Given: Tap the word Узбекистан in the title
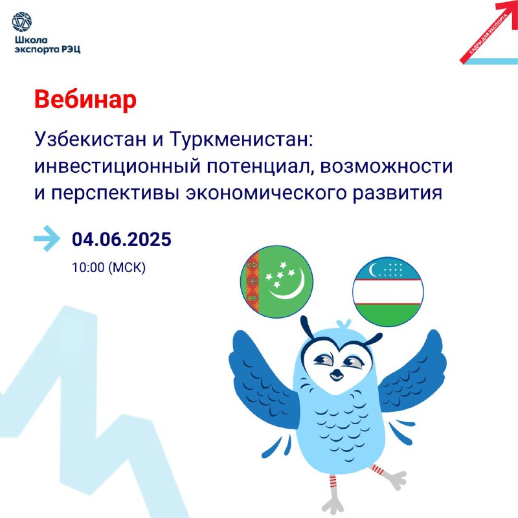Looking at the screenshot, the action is pos(90,139).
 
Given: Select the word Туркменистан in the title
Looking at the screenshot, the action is pos(241,139).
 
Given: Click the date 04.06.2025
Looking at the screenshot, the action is pos(122,239).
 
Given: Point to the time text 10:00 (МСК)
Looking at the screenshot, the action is pos(109,267).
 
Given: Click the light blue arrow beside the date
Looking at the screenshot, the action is pos(47,238).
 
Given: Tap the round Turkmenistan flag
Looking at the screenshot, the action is pos(277,282).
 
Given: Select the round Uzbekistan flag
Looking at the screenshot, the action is pos(388,292).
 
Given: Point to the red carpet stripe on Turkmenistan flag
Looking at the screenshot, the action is pos(252,282).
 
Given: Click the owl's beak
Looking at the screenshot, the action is pos(337,374).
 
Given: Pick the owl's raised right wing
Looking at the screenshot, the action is pos(413,371).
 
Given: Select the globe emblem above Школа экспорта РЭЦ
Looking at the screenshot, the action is pos(22,22).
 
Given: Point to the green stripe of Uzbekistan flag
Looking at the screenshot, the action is pos(388,314).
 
